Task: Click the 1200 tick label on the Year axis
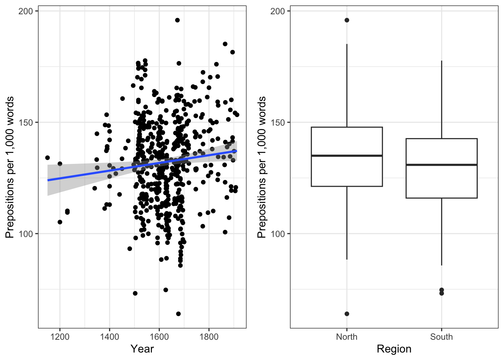pyautogui.click(x=60, y=337)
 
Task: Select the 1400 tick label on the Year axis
pyautogui.click(x=109, y=337)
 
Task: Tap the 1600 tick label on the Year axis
pyautogui.click(x=159, y=337)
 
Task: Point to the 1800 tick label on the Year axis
pyautogui.click(x=209, y=337)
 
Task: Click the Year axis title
pyautogui.click(x=142, y=349)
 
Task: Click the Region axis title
pyautogui.click(x=394, y=349)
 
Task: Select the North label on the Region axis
pyautogui.click(x=346, y=337)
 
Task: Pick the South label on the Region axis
pyautogui.click(x=441, y=337)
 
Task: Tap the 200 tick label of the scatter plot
pyautogui.click(x=25, y=11)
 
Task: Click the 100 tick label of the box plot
pyautogui.click(x=277, y=234)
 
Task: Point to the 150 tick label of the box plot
pyautogui.click(x=277, y=123)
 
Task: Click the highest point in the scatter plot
pyautogui.click(x=177, y=20)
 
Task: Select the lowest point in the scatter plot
pyautogui.click(x=178, y=314)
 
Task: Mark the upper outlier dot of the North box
pyautogui.click(x=347, y=20)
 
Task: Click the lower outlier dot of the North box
pyautogui.click(x=347, y=314)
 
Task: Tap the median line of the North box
pyautogui.click(x=347, y=156)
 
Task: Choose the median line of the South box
pyautogui.click(x=441, y=165)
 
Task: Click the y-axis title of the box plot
pyautogui.click(x=262, y=167)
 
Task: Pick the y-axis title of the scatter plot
pyautogui.click(x=10, y=167)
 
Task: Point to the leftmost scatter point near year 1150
pyautogui.click(x=48, y=157)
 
